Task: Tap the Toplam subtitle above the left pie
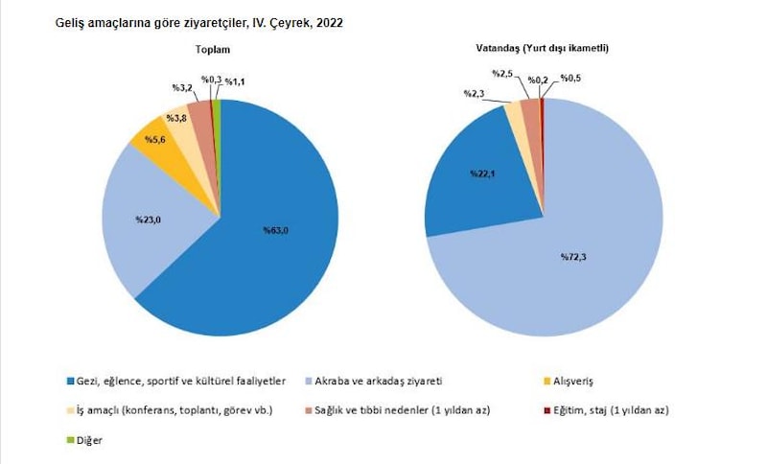pyautogui.click(x=218, y=49)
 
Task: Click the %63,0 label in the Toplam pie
pyautogui.click(x=276, y=229)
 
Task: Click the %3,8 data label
pyautogui.click(x=177, y=118)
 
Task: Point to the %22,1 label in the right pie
pyautogui.click(x=481, y=174)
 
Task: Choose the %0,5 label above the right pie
pyautogui.click(x=573, y=78)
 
